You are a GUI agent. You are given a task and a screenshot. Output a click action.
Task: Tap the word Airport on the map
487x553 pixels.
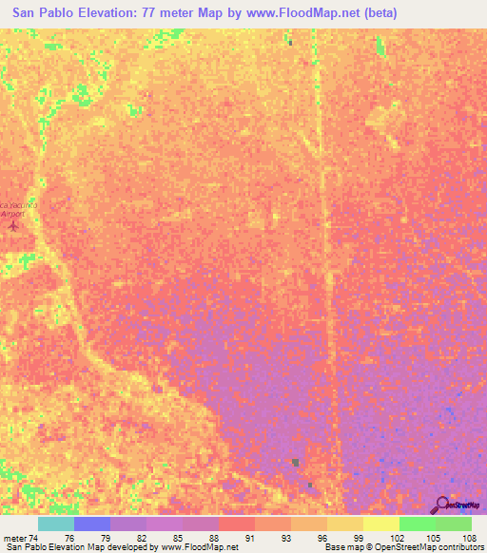coord(12,215)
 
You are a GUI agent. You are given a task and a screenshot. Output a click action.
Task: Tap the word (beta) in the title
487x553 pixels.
coord(376,13)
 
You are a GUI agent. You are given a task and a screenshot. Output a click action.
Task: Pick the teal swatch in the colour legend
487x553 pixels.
coord(56,524)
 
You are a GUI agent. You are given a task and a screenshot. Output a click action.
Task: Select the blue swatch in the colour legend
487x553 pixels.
coord(92,524)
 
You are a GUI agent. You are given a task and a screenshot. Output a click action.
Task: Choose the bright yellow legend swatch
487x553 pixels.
coord(381,524)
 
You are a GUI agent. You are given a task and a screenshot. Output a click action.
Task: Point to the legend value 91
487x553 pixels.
coord(248,537)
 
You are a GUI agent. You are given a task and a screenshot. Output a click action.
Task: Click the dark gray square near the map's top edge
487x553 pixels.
coord(289,42)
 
